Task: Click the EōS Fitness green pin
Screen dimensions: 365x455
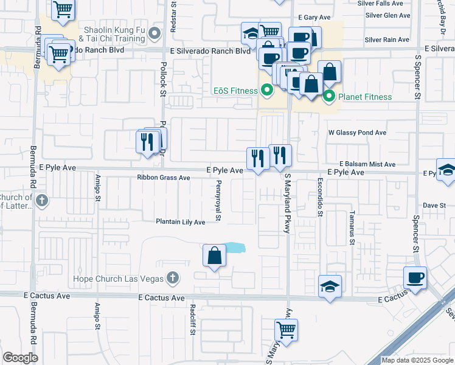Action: (266, 92)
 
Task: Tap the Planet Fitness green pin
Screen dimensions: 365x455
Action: (329, 96)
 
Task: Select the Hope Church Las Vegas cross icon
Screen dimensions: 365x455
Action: (173, 279)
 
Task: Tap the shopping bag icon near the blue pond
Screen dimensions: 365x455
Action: (215, 256)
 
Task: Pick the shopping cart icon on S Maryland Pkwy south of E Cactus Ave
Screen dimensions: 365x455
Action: (285, 330)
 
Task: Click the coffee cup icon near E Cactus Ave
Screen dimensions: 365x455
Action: (415, 278)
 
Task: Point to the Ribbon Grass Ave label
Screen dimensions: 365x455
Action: (163, 178)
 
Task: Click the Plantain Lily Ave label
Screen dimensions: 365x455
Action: (181, 222)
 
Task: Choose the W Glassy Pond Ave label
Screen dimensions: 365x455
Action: (357, 132)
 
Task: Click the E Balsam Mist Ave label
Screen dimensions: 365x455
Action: (367, 164)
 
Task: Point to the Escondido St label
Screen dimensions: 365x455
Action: (319, 196)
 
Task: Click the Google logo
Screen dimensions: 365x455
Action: (20, 358)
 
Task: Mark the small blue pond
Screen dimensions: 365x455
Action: (235, 248)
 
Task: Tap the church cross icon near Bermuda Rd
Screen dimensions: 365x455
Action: (41, 200)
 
